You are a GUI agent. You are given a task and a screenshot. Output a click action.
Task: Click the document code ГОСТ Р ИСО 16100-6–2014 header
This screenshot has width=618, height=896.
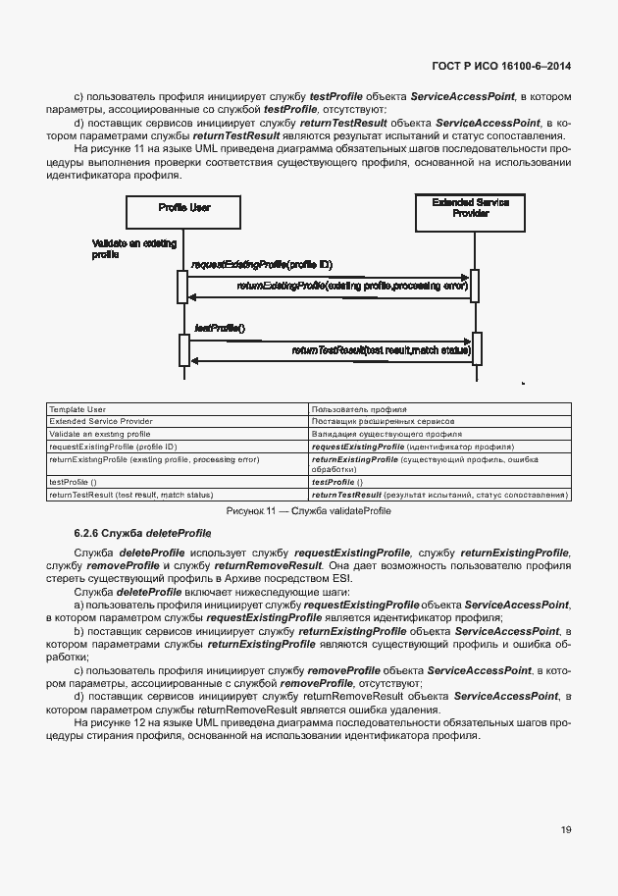501,67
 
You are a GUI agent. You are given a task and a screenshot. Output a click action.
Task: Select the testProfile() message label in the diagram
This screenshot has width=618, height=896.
220,328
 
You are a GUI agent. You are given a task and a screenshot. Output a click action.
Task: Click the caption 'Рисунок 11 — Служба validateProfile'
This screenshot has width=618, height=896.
308,511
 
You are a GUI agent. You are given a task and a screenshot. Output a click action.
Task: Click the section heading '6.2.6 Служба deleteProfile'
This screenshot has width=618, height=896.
143,532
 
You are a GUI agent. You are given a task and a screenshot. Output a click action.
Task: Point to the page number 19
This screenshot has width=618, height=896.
566,830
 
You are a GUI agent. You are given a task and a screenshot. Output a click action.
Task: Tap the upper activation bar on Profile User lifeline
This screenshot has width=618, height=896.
182,286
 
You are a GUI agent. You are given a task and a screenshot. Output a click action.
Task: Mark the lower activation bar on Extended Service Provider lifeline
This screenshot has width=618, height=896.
475,347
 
